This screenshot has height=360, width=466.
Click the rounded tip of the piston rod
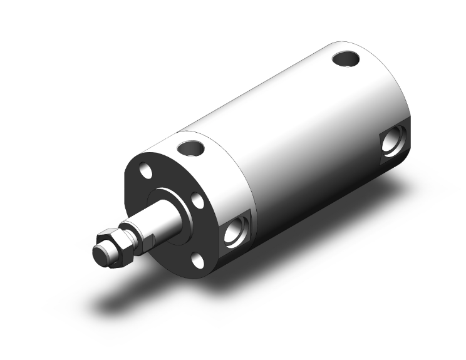click(99, 252)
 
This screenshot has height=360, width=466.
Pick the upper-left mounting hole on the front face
click(145, 171)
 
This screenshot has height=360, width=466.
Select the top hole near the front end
click(191, 148)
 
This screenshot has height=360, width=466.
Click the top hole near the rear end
click(345, 59)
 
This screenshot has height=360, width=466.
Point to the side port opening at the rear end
click(394, 143)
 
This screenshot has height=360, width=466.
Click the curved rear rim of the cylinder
click(401, 94)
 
